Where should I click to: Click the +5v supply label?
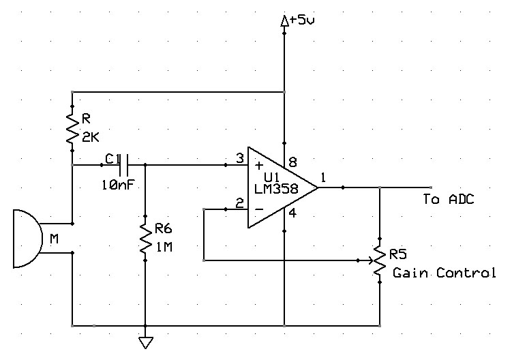(x=302, y=20)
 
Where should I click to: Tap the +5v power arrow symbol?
(x=284, y=21)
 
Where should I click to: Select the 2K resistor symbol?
(x=72, y=128)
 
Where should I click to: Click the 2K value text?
(x=91, y=138)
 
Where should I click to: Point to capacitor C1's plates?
(x=123, y=165)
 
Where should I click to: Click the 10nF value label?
(x=118, y=185)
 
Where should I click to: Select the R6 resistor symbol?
(x=146, y=238)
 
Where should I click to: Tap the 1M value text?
(x=164, y=247)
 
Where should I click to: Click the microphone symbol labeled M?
(x=28, y=239)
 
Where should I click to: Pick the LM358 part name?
(x=276, y=189)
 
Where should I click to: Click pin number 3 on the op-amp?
(x=240, y=159)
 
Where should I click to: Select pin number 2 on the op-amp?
(x=240, y=203)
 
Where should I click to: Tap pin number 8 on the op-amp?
(x=292, y=162)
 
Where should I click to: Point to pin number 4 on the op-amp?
(x=292, y=213)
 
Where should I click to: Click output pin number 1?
(x=323, y=178)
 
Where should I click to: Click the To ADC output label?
(x=449, y=199)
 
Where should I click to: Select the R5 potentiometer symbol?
(x=379, y=260)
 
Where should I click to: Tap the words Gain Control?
(x=445, y=273)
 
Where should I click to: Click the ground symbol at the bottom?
(x=146, y=343)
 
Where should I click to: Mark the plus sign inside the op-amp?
(x=259, y=165)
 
